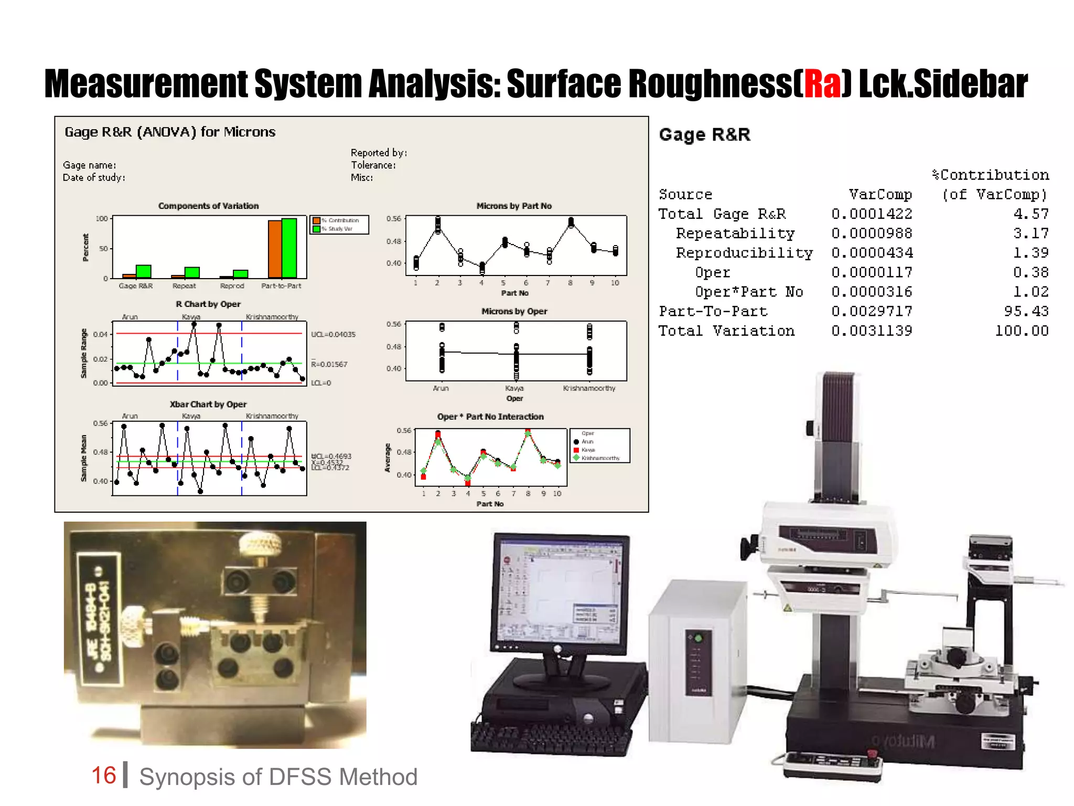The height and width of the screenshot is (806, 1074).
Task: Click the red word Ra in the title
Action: click(822, 84)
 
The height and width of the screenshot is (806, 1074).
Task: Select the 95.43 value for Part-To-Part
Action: click(1026, 311)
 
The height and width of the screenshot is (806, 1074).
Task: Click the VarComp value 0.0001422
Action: click(871, 214)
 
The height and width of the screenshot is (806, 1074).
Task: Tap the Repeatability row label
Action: click(735, 234)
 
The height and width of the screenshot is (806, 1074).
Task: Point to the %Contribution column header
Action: click(990, 175)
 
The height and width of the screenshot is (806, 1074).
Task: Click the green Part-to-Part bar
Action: click(289, 248)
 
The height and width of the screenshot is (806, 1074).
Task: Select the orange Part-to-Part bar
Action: click(275, 249)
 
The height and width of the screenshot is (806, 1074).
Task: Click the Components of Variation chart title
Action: click(208, 206)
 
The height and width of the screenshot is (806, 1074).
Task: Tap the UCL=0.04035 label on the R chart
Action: click(333, 334)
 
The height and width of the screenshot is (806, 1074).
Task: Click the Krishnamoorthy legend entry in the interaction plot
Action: click(600, 458)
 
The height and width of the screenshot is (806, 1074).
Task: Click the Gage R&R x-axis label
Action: click(135, 286)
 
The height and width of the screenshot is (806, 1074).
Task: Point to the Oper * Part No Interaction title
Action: click(490, 417)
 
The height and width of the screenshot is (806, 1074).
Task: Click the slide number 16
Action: click(103, 776)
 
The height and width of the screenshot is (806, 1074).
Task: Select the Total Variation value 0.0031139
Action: click(871, 331)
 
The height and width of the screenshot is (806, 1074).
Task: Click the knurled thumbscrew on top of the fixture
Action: click(258, 544)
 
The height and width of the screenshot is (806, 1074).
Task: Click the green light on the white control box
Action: click(698, 639)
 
